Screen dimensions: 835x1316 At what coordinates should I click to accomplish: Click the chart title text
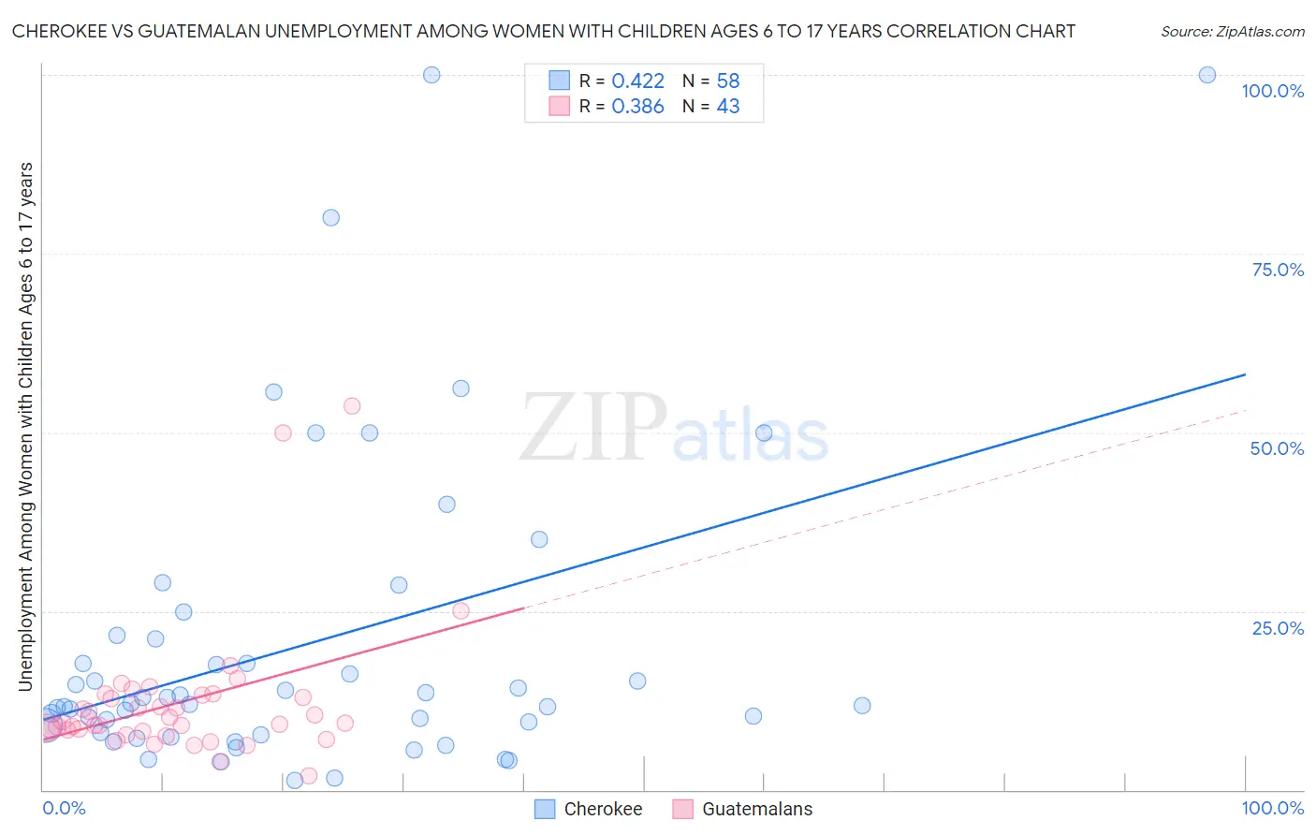click(x=543, y=31)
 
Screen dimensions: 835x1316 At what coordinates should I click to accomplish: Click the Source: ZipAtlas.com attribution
click(x=1232, y=31)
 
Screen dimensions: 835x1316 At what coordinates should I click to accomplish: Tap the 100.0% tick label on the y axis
click(x=1272, y=91)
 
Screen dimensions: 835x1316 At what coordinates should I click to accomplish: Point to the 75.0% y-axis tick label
click(x=1278, y=270)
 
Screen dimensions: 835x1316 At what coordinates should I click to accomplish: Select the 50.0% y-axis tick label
click(x=1277, y=448)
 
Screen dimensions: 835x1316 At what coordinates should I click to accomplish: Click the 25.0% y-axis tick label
click(x=1278, y=627)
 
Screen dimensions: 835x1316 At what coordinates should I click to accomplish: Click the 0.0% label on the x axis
click(x=64, y=808)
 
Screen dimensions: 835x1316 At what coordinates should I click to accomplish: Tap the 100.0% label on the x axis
click(x=1272, y=808)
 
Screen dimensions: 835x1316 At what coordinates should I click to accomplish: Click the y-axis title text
click(x=25, y=427)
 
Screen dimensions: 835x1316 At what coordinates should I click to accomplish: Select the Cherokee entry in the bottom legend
click(x=603, y=809)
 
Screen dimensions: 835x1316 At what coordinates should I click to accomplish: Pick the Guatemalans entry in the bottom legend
click(x=757, y=809)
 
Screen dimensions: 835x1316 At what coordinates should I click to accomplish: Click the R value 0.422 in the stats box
click(x=637, y=81)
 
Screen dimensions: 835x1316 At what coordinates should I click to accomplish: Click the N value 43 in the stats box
click(x=728, y=107)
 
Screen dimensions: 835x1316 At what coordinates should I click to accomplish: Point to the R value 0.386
click(x=637, y=107)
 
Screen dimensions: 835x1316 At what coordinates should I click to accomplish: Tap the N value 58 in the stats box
click(x=728, y=81)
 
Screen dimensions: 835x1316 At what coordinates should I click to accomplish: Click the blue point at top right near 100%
click(x=1207, y=75)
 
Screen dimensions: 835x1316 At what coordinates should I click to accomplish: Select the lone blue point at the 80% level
click(x=330, y=217)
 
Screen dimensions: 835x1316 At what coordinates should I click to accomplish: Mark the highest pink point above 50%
click(x=352, y=405)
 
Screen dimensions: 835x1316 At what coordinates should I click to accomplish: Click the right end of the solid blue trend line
click(x=1245, y=374)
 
